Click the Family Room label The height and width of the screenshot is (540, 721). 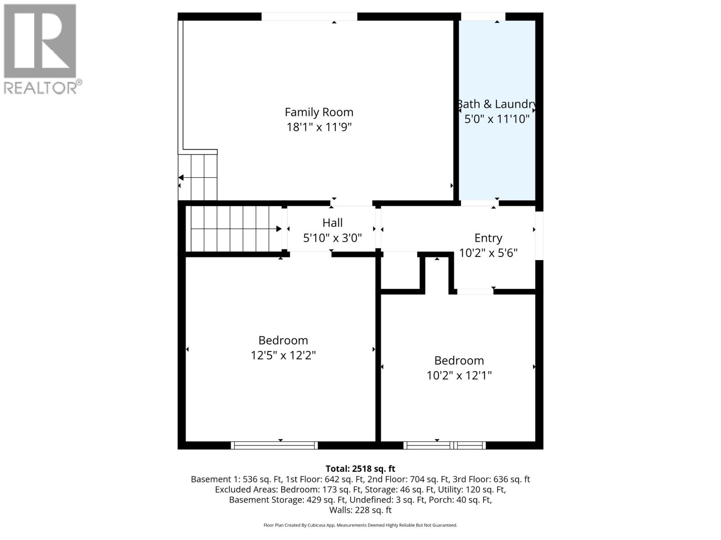319,112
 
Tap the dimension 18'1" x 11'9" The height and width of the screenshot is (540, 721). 319,127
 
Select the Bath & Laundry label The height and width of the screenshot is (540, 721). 497,104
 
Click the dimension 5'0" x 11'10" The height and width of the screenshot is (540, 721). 497,119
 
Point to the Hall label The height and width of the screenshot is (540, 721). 332,223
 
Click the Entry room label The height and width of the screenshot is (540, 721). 488,238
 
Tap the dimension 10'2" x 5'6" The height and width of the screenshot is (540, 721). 488,253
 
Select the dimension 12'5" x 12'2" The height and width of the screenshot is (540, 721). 283,355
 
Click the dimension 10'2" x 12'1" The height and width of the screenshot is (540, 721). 459,375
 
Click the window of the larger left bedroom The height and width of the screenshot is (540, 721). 274,445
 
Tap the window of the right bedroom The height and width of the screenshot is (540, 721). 444,445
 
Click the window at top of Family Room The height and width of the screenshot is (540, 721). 309,17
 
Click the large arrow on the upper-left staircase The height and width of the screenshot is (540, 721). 181,177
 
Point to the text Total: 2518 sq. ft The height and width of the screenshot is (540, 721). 360,469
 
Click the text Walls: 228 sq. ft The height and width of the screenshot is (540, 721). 360,510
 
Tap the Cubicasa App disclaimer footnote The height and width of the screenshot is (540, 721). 360,525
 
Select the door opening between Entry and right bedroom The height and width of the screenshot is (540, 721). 475,292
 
